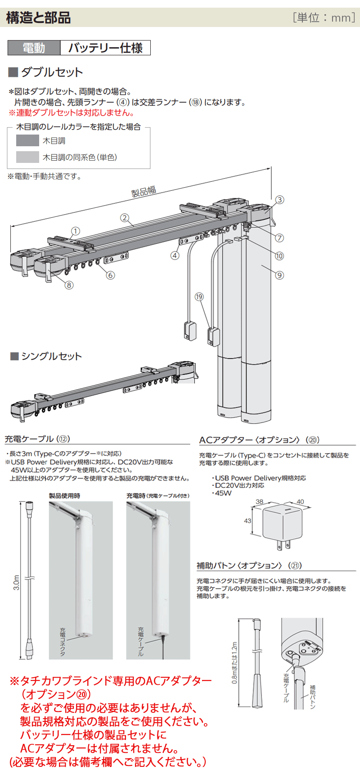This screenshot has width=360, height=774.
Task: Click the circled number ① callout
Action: (x=76, y=231)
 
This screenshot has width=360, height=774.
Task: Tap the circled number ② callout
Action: (x=125, y=218)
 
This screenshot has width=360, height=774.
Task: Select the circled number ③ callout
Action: (x=279, y=200)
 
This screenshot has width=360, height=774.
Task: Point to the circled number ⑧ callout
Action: (x=69, y=285)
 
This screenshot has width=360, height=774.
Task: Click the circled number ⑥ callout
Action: (x=110, y=275)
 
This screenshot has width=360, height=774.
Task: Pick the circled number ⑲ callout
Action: (x=199, y=297)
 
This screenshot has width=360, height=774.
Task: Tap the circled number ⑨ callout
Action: (x=279, y=275)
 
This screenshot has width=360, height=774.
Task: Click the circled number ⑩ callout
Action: (x=279, y=256)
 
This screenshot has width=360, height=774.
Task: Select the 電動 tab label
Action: (x=34, y=48)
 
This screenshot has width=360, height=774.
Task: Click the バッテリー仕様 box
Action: (x=105, y=48)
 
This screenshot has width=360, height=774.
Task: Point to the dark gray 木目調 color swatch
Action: (x=27, y=140)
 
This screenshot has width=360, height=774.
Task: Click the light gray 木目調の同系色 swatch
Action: (x=27, y=157)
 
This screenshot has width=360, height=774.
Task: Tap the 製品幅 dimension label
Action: (x=144, y=191)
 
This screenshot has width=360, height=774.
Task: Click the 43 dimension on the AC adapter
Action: (x=247, y=521)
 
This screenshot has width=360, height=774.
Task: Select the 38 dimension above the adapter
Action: (x=260, y=501)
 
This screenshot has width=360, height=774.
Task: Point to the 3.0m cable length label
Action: (x=17, y=583)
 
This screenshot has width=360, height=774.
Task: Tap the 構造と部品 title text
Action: (x=38, y=18)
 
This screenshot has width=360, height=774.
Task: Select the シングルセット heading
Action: (x=51, y=356)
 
